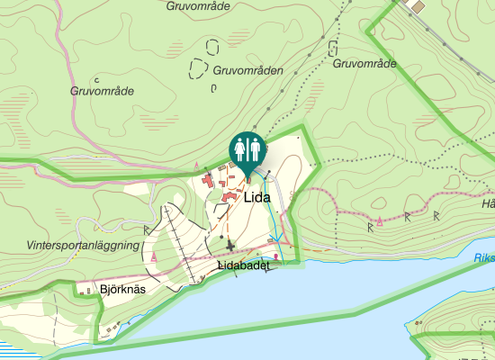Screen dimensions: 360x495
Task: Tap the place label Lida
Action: tap(257, 191)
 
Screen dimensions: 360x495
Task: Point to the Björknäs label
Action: tap(122, 290)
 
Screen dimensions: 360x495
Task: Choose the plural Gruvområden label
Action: tap(247, 70)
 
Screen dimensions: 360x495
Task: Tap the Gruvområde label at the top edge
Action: tap(200, 5)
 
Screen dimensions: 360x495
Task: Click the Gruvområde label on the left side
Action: tap(102, 91)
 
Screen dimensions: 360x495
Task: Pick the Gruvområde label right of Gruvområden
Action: tap(364, 64)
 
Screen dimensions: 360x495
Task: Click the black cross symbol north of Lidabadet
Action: tap(230, 246)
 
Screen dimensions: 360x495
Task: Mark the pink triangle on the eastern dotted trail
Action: tap(380, 220)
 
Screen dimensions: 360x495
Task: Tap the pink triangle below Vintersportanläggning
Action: tap(154, 257)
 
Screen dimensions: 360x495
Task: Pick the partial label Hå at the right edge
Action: tap(489, 203)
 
